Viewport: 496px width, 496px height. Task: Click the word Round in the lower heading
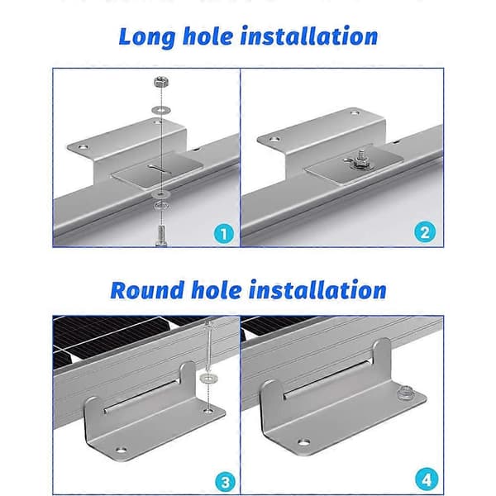tap(147, 290)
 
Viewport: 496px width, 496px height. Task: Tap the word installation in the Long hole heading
tap(309, 36)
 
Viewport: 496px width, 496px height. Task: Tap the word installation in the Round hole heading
tap(317, 290)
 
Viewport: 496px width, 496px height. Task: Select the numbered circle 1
tap(224, 234)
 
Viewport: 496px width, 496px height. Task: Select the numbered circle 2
tap(425, 232)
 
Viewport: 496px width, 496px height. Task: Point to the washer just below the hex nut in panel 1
tap(161, 110)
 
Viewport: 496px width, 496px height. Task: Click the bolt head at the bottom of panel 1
tap(161, 236)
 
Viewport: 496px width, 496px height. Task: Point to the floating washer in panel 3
tap(207, 378)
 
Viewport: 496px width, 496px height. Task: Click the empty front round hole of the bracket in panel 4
tap(303, 441)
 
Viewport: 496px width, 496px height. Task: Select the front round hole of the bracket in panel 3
tap(120, 449)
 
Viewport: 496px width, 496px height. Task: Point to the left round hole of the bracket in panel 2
tap(274, 139)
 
